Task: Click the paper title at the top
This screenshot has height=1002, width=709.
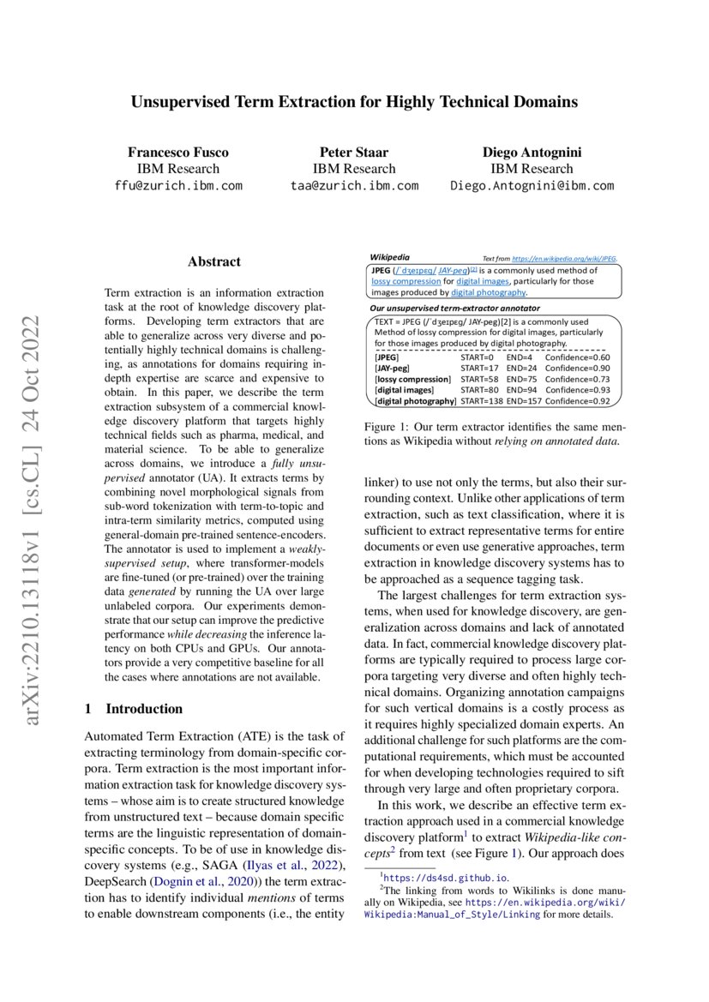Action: [354, 102]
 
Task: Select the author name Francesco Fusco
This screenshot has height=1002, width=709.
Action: [178, 153]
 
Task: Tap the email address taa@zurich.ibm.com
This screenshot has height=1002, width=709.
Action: [354, 185]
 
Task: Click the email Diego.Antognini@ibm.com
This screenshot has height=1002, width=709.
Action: [532, 185]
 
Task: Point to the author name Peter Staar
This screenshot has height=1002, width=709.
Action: [354, 153]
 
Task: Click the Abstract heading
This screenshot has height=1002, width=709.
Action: [214, 261]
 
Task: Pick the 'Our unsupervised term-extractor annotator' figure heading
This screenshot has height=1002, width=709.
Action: [454, 307]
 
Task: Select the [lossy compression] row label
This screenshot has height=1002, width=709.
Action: [412, 379]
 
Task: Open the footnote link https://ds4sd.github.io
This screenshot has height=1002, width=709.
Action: [447, 878]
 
